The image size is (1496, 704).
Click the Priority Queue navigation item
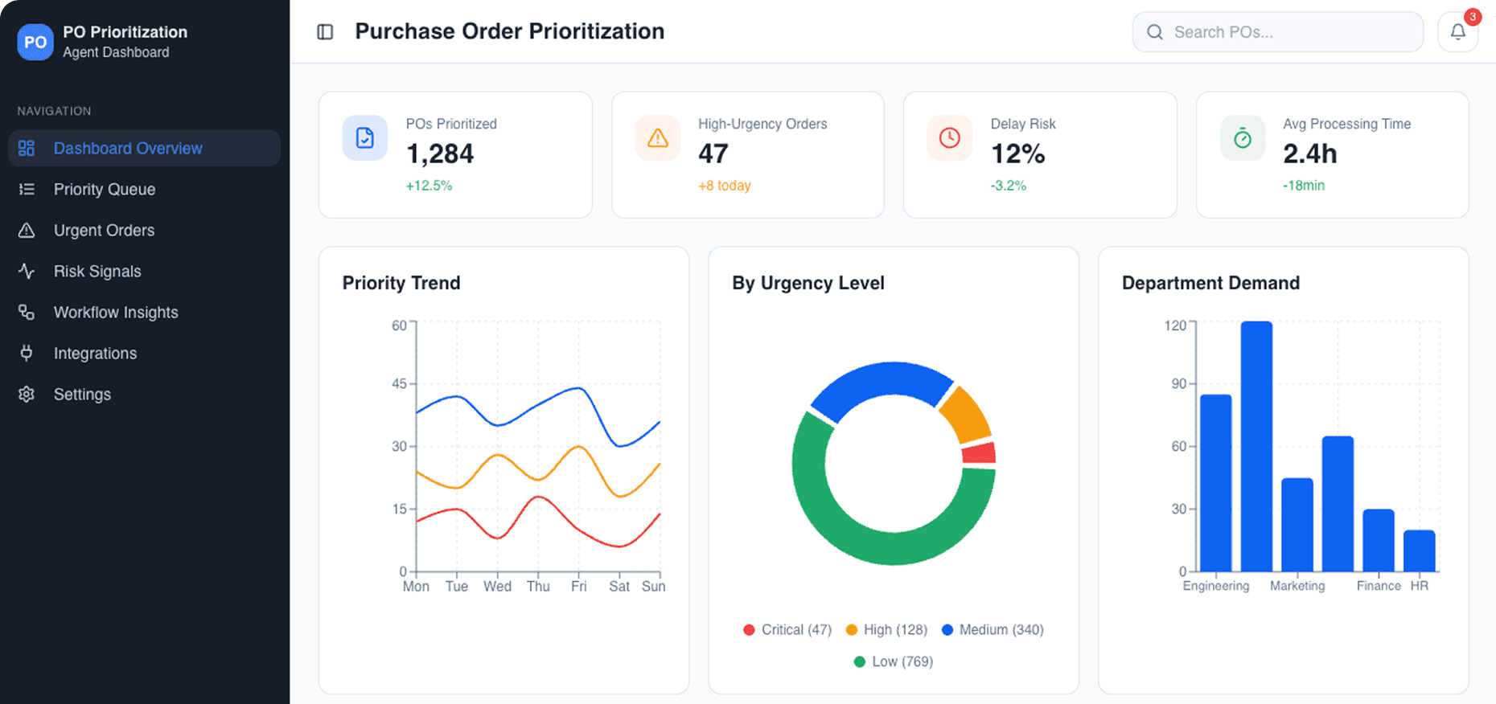[x=105, y=190]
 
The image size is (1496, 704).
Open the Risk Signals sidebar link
[x=97, y=272]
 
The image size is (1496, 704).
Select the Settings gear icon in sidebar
[x=27, y=395]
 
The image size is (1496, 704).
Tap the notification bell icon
[x=1457, y=32]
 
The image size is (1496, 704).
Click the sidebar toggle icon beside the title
[x=325, y=32]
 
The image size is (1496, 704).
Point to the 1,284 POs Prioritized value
[x=440, y=153]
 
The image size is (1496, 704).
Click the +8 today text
[x=724, y=186]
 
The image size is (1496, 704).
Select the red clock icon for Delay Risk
[x=949, y=138]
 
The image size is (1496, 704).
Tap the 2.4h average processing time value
[x=1309, y=153]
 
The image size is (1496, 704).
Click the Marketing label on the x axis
[x=1297, y=586]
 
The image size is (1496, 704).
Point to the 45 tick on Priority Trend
[x=399, y=384]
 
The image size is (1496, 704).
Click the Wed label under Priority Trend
[x=497, y=587]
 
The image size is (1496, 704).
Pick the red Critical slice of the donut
[x=980, y=453]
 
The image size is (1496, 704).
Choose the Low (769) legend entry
[x=894, y=662]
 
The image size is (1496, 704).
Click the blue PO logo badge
[x=35, y=42]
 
